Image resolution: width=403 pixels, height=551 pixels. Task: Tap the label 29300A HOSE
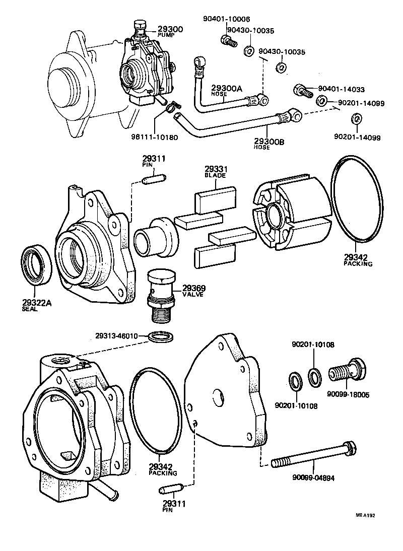226,90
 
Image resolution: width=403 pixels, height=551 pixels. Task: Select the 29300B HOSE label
269,145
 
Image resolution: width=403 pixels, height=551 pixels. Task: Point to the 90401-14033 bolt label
341,90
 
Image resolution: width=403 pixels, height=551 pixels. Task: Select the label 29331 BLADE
215,172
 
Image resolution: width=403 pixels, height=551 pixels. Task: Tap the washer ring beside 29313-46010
162,336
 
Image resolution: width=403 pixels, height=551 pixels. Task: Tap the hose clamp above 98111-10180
172,105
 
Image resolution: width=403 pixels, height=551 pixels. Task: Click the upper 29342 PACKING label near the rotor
358,260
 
